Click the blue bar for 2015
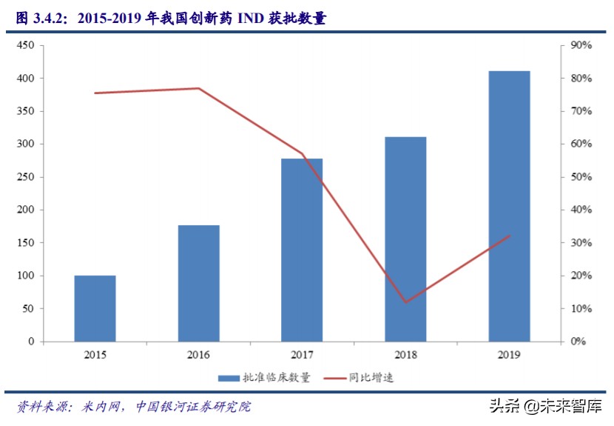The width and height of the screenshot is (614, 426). pos(95,308)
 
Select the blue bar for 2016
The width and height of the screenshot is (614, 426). pos(198,283)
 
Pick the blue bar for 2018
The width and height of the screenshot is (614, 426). pos(405,239)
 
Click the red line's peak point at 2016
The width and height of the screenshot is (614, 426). pos(198,88)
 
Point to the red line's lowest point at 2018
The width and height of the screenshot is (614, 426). pos(405,302)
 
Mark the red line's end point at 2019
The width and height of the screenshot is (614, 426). pos(509,236)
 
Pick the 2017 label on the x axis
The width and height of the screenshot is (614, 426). pos(302,356)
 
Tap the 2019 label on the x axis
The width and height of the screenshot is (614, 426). pos(509,356)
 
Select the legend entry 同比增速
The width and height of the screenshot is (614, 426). pos(370,378)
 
